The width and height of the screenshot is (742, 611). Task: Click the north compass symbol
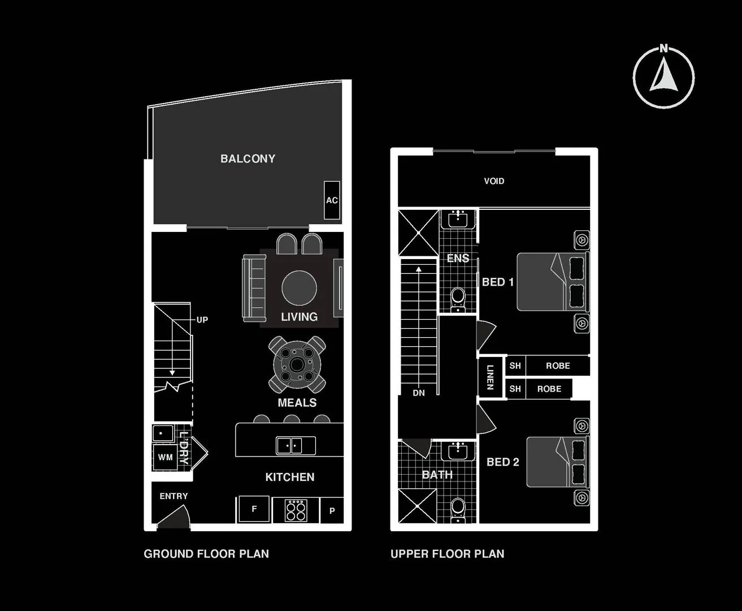[663, 78]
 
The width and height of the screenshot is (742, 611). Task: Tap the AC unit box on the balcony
[332, 200]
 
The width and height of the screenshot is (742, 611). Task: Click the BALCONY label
[248, 159]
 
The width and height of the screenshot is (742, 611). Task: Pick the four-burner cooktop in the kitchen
[296, 510]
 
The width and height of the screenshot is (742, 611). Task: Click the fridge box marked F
[254, 509]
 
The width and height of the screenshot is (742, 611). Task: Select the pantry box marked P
[332, 510]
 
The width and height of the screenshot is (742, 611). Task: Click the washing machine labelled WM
[165, 457]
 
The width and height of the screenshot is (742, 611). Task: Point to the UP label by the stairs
[202, 320]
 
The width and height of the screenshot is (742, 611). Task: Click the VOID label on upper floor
[494, 181]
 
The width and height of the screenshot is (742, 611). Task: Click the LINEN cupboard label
[490, 377]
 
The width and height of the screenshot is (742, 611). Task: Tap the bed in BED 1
[552, 282]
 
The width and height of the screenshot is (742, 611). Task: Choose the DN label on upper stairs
[418, 393]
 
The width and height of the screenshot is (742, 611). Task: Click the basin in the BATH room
[458, 451]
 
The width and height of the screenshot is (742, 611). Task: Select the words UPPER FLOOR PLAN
[447, 554]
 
